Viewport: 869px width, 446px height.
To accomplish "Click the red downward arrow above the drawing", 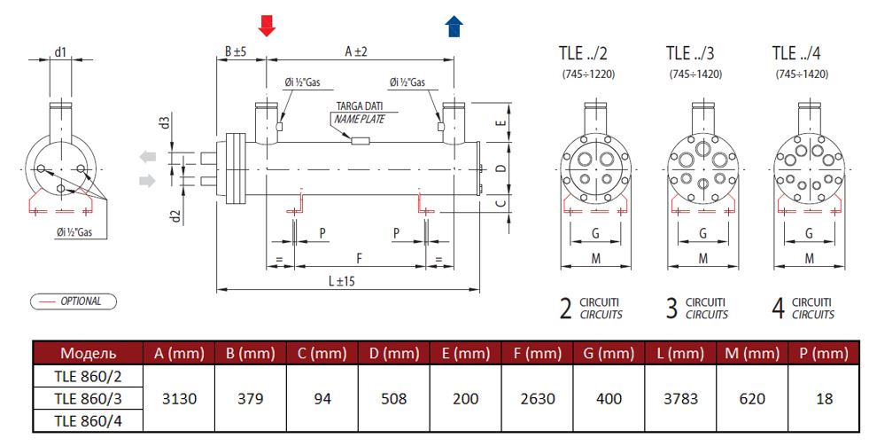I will click(x=267, y=26).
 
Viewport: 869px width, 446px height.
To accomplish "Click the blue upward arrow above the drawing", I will click(x=454, y=26).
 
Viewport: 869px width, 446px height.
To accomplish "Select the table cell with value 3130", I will click(x=178, y=399).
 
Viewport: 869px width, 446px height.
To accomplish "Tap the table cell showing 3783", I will click(x=680, y=399).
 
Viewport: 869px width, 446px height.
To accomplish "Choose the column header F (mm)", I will click(x=537, y=353).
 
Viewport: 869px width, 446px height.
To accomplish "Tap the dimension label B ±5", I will click(x=235, y=52).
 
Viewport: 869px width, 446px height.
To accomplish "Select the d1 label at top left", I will click(x=60, y=52).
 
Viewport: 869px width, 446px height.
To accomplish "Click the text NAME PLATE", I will click(x=359, y=119).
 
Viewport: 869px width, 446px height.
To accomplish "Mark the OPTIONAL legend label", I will click(x=81, y=301).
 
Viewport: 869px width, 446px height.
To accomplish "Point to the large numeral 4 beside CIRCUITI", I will click(x=778, y=309).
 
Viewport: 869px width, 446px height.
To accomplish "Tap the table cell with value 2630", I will click(x=537, y=399).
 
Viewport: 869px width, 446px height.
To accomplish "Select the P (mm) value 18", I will click(x=824, y=399).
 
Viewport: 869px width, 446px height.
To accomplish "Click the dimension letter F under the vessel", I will click(x=358, y=258).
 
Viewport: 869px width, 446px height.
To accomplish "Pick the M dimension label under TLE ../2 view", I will click(x=595, y=258).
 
